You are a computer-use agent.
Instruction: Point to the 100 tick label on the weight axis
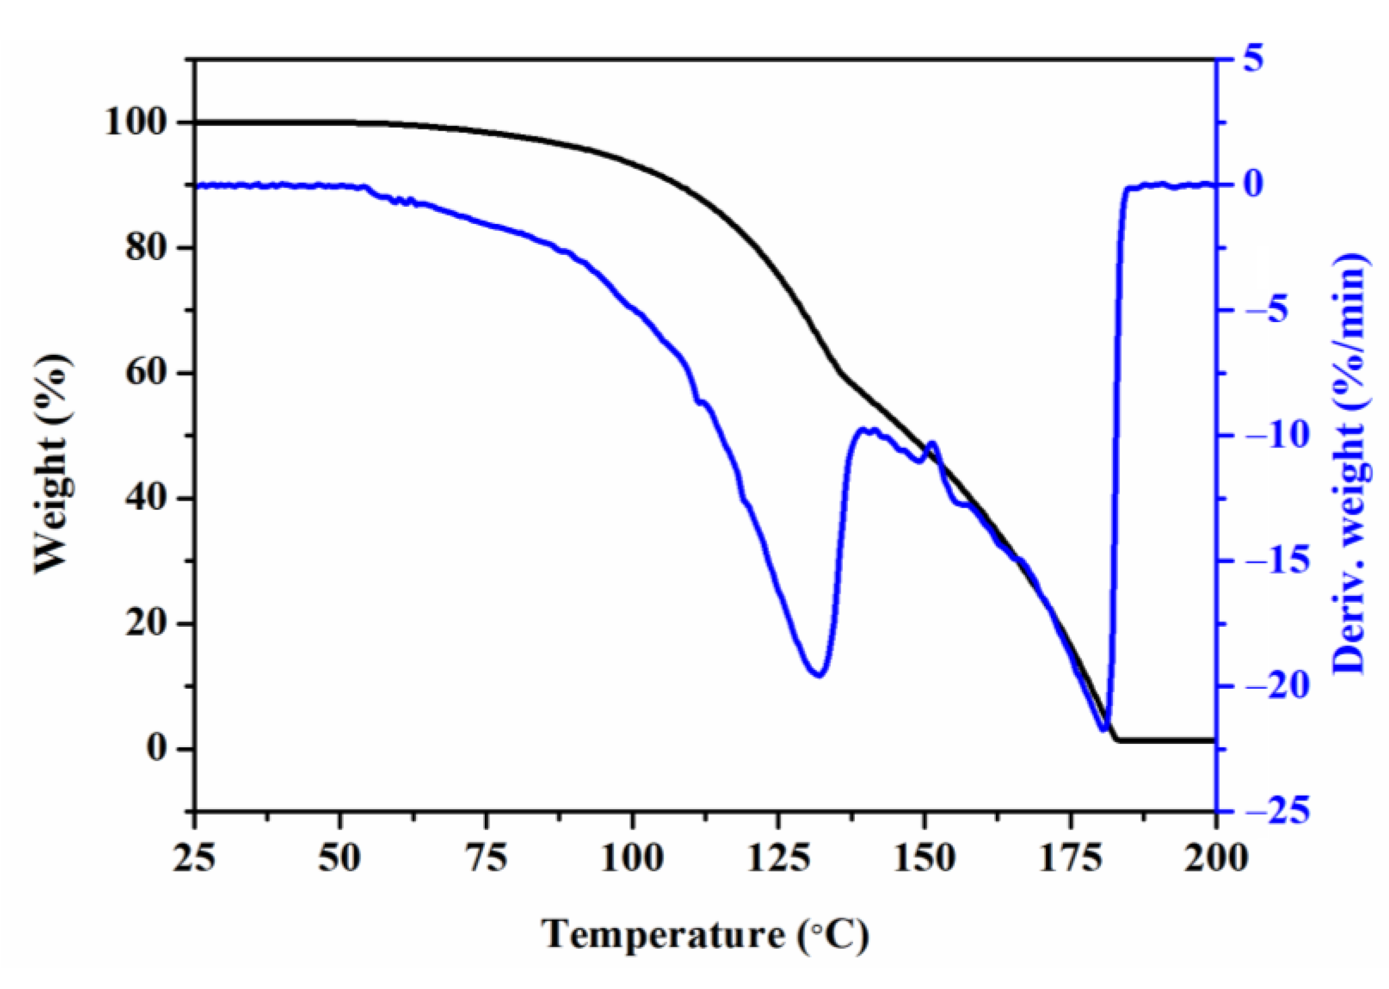136,123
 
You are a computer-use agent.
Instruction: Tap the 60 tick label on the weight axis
146,374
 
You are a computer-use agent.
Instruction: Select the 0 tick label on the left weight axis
156,748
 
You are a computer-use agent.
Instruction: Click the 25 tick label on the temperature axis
194,860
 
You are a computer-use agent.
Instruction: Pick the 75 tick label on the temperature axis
486,860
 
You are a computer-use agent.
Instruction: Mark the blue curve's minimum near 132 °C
818,674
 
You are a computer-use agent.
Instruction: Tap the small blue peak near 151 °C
931,444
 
